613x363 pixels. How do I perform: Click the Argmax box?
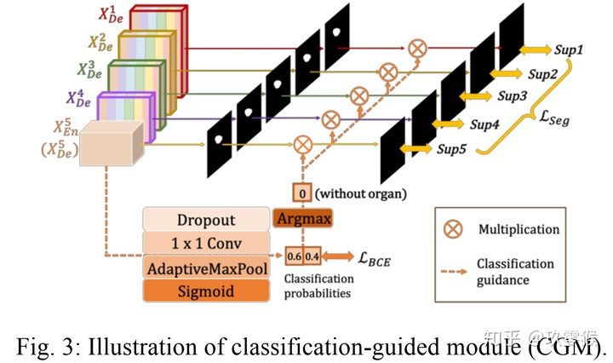click(302, 219)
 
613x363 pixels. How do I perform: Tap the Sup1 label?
click(567, 51)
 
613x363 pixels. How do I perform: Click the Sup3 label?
click(513, 96)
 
